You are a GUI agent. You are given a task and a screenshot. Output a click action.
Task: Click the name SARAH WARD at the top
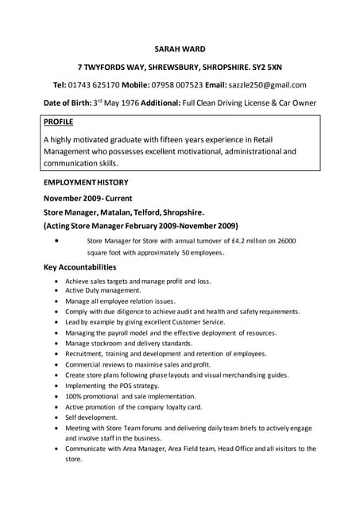coord(180,48)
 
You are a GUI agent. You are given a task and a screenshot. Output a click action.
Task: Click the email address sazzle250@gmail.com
coord(267,84)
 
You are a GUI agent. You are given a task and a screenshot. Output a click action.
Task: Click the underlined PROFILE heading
coord(58,122)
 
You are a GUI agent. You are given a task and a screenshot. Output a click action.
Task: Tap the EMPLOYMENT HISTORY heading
coord(85,182)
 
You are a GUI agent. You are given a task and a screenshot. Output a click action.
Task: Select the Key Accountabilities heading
coord(79,267)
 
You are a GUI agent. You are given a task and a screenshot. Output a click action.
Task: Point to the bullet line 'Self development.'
coord(91,417)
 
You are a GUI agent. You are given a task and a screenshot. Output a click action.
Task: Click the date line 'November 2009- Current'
coord(87,197)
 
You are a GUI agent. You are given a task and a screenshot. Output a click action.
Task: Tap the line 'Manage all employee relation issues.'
coord(120,301)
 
